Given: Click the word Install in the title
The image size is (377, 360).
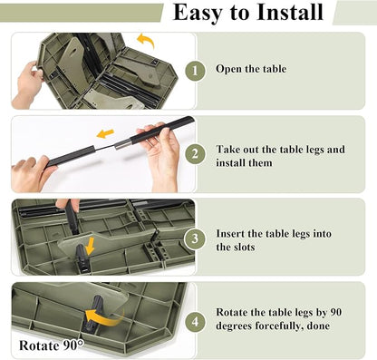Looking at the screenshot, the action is (x=291, y=13).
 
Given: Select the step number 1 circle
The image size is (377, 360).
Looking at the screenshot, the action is (x=195, y=71).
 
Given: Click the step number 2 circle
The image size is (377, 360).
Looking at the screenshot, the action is (x=195, y=154).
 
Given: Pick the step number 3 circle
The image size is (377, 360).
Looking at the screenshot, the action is (x=195, y=238).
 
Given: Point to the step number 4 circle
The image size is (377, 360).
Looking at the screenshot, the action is (x=195, y=321).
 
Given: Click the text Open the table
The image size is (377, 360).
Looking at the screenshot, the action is (x=251, y=69).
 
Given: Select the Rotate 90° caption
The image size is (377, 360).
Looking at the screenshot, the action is (x=52, y=345).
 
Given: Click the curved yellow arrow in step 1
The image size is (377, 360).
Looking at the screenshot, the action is (x=147, y=40).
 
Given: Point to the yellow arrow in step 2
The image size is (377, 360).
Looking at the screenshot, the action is (x=105, y=133).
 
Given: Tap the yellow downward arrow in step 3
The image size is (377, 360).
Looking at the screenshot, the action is (x=90, y=246).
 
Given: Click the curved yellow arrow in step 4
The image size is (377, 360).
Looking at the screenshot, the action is (x=104, y=316).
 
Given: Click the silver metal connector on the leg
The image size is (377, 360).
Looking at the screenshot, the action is (x=122, y=142).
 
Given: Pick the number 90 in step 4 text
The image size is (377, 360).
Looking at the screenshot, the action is (x=335, y=312).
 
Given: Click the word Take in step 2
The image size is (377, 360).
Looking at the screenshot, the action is (x=227, y=150).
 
